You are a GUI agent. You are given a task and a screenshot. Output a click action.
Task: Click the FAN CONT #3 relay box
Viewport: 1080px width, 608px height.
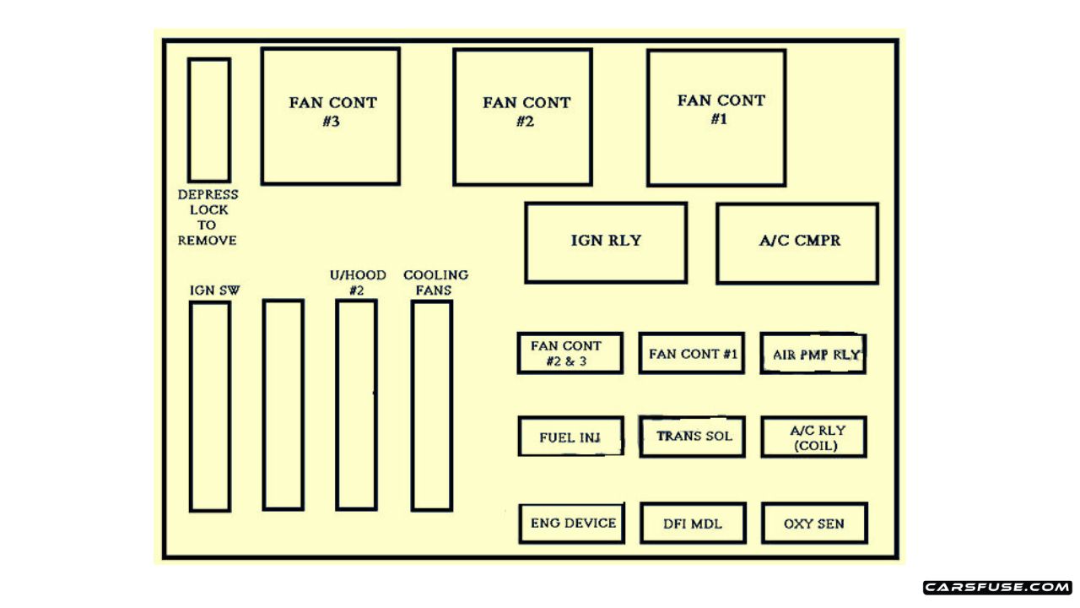pyautogui.click(x=330, y=116)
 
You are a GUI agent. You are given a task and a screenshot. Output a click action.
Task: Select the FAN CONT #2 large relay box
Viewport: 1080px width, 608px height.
pyautogui.click(x=522, y=117)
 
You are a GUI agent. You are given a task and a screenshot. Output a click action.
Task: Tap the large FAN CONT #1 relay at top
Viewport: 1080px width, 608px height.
pyautogui.click(x=716, y=117)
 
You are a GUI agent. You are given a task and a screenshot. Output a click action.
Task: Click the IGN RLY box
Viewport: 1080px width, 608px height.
pyautogui.click(x=606, y=242)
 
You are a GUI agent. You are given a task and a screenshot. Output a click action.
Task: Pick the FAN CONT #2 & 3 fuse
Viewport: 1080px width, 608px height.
pyautogui.click(x=570, y=353)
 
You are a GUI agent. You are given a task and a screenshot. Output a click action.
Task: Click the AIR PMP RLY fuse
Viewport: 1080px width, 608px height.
pyautogui.click(x=813, y=353)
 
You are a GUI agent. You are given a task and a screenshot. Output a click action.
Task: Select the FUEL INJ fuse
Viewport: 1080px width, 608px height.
pyautogui.click(x=570, y=437)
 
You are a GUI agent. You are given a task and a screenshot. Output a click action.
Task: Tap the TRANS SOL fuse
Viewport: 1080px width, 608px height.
pyautogui.click(x=692, y=437)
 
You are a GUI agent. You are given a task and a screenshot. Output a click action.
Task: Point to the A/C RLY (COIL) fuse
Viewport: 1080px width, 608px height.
pyautogui.click(x=813, y=437)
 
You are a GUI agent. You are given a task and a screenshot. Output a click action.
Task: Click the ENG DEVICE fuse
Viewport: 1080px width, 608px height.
pyautogui.click(x=572, y=523)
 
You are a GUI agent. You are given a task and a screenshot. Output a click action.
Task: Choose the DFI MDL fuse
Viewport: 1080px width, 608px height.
pyautogui.click(x=693, y=523)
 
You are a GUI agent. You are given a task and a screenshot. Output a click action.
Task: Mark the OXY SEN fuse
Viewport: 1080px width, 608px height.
pyautogui.click(x=814, y=523)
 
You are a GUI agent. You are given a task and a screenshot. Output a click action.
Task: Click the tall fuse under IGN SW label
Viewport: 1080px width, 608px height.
pyautogui.click(x=210, y=406)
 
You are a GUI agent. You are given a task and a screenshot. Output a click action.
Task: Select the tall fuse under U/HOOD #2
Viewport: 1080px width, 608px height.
pyautogui.click(x=356, y=405)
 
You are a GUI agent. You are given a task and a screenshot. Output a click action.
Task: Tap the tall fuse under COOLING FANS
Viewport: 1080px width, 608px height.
pyautogui.click(x=432, y=405)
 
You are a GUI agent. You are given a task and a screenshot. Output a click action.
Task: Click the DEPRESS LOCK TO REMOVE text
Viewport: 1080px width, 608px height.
pyautogui.click(x=208, y=217)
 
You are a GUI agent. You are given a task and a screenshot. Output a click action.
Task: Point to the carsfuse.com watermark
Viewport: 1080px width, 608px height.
pyautogui.click(x=997, y=587)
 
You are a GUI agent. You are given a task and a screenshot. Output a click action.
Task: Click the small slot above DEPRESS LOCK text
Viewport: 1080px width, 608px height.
pyautogui.click(x=209, y=119)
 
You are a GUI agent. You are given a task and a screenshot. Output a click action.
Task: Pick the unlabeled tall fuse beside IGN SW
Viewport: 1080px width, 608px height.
pyautogui.click(x=283, y=405)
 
